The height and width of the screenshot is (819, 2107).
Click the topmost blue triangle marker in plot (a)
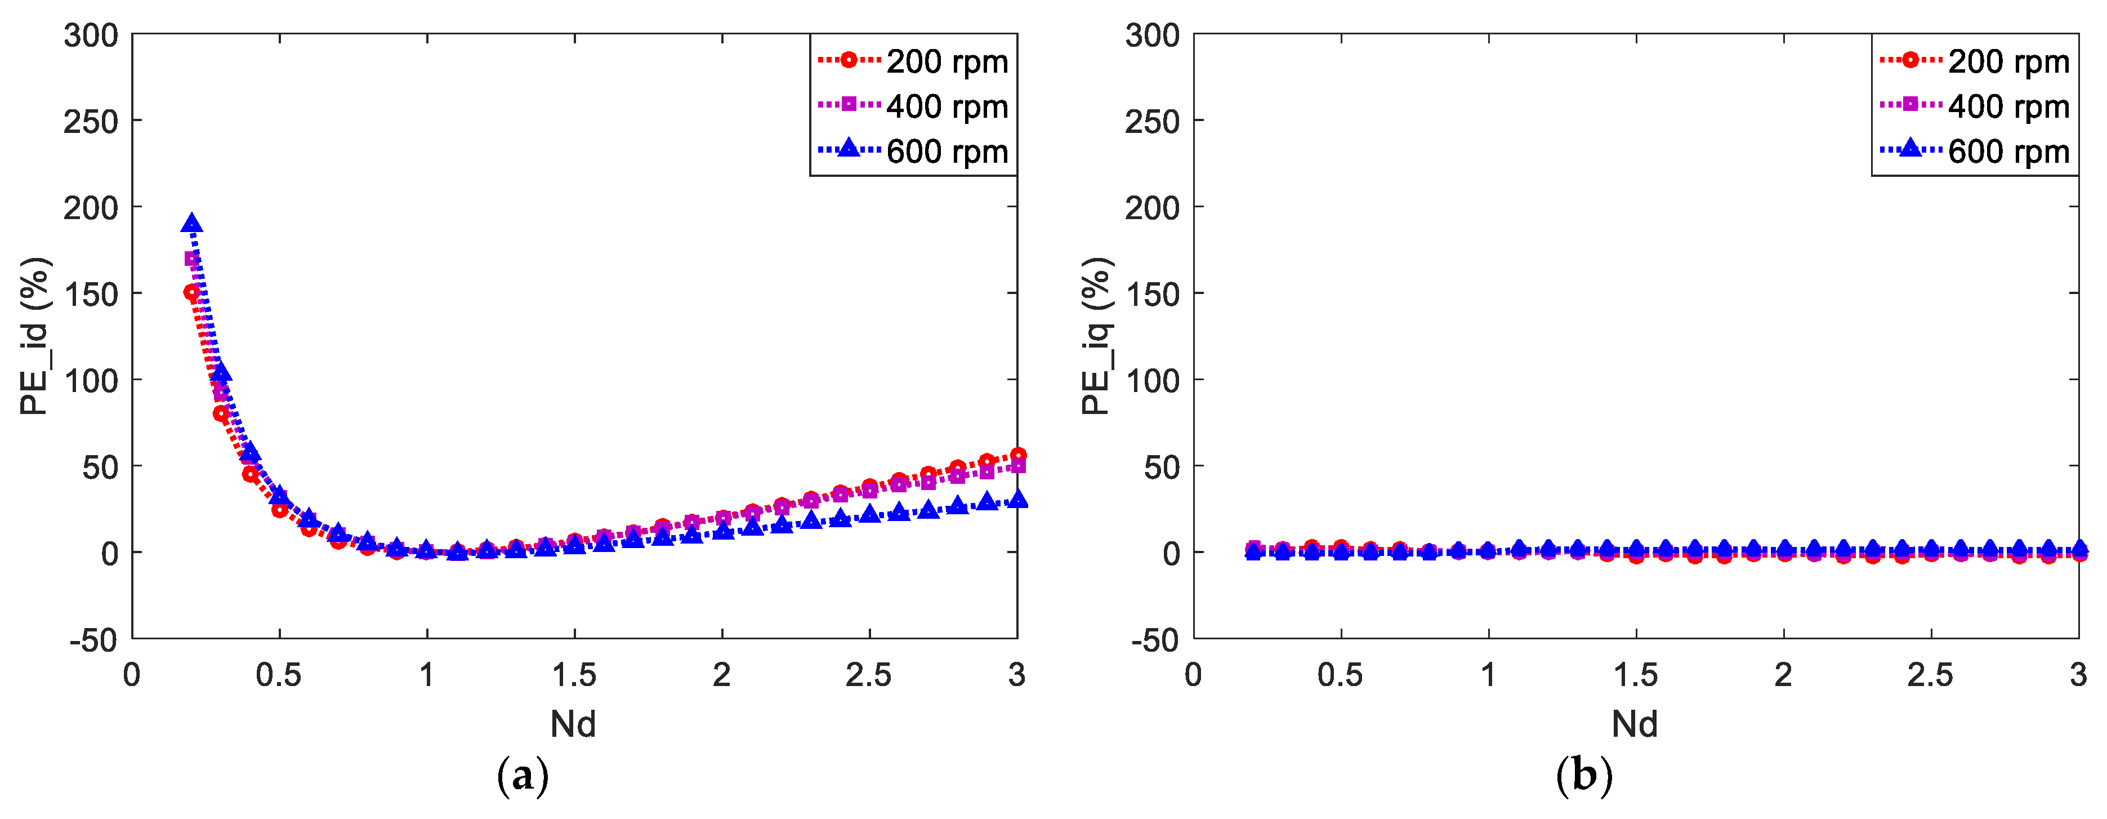tap(191, 224)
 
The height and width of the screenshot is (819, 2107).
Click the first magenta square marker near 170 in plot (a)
tap(192, 259)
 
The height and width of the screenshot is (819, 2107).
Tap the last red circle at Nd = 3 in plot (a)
tap(1017, 455)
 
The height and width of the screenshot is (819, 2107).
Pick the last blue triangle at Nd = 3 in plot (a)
tap(1017, 499)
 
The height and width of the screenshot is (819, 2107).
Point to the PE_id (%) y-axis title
tap(35, 336)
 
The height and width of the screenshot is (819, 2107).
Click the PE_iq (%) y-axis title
tap(1097, 336)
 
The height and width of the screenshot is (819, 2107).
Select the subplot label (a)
tap(523, 776)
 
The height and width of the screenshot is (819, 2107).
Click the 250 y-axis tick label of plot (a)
tap(91, 122)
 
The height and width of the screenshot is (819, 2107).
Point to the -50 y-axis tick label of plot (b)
tap(1155, 640)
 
